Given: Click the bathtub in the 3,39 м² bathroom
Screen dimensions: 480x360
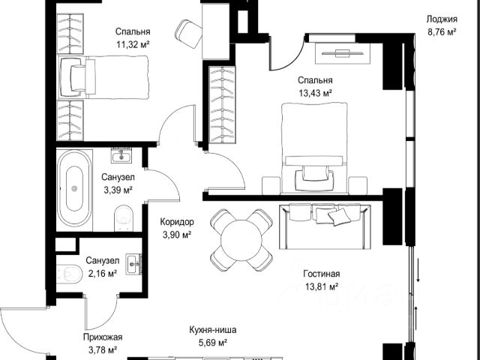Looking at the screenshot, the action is click(x=74, y=188).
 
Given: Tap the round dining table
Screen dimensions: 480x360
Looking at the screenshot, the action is click(x=241, y=240).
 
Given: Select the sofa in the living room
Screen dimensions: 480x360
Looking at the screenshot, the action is click(x=325, y=226).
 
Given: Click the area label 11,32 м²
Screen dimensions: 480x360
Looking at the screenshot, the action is click(x=133, y=45).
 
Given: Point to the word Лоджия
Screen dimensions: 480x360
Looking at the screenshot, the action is click(x=442, y=19).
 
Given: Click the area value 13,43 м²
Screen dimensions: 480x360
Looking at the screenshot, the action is click(x=315, y=93).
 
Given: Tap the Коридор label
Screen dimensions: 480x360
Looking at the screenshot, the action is click(x=177, y=222).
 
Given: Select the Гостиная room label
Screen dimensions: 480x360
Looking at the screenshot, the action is click(x=322, y=273).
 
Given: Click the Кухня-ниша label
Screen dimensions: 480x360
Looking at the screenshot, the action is click(x=213, y=330).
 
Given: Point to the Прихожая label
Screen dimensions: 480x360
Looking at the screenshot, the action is click(x=103, y=337).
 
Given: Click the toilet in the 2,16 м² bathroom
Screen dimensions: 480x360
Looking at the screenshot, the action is click(x=70, y=273).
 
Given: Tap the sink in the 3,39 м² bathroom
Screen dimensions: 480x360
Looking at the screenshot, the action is click(x=121, y=155).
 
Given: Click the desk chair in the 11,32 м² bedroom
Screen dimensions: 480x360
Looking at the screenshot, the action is click(x=188, y=33).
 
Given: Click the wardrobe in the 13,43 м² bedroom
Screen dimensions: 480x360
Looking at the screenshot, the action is click(x=222, y=105).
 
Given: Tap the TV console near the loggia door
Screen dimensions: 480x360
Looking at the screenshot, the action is click(x=343, y=53).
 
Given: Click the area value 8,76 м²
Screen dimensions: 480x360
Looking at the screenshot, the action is click(x=442, y=31).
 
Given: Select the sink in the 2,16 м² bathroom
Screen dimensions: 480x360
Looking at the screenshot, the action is click(x=133, y=263).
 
